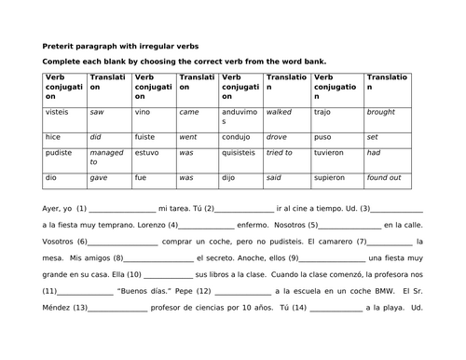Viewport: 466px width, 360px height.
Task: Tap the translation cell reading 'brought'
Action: point(382,113)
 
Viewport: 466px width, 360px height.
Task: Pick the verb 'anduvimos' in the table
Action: point(240,118)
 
